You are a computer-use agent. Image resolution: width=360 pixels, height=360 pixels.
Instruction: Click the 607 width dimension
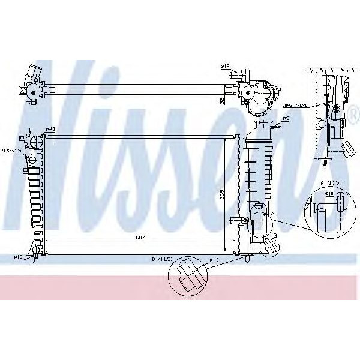[x=139, y=238]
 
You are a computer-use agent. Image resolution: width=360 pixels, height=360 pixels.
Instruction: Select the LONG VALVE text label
[x=295, y=106]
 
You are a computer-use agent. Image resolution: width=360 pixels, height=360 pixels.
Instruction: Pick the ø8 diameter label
[x=286, y=119]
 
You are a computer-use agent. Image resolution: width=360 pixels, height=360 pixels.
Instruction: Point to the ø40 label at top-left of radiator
[x=50, y=129]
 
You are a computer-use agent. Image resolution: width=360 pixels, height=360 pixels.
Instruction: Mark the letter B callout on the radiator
[x=275, y=242]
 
